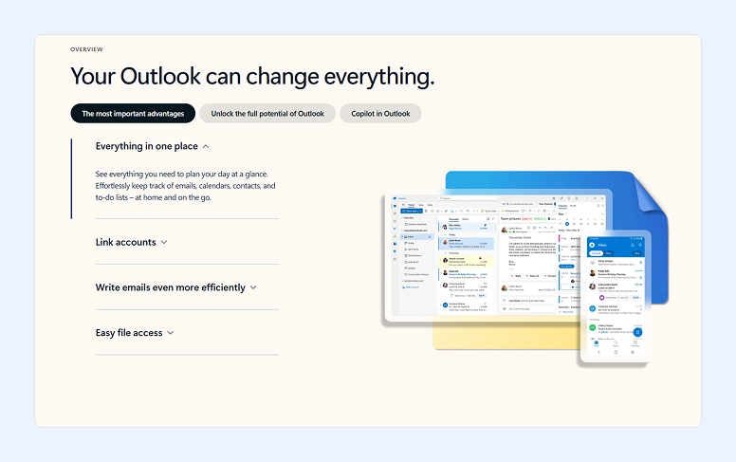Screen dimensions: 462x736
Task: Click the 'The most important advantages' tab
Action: tap(133, 114)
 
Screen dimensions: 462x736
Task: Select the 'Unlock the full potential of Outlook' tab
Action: tap(267, 114)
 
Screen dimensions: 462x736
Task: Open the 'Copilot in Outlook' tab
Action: tap(380, 114)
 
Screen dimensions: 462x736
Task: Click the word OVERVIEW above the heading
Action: tap(86, 49)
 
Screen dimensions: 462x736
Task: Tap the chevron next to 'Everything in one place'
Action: tap(206, 147)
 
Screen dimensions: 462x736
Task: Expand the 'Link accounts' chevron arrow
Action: tap(164, 243)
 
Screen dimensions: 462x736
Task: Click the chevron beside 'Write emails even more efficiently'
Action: tap(253, 287)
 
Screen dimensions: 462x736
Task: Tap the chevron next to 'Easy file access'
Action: tap(171, 333)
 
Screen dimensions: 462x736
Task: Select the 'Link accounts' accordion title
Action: tap(125, 242)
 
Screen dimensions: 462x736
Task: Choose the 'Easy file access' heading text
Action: tap(129, 333)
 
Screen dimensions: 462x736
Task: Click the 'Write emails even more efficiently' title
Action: tap(170, 287)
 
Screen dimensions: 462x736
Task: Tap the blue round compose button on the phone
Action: tap(637, 332)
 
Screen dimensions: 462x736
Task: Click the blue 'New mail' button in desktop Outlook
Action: tap(413, 211)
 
